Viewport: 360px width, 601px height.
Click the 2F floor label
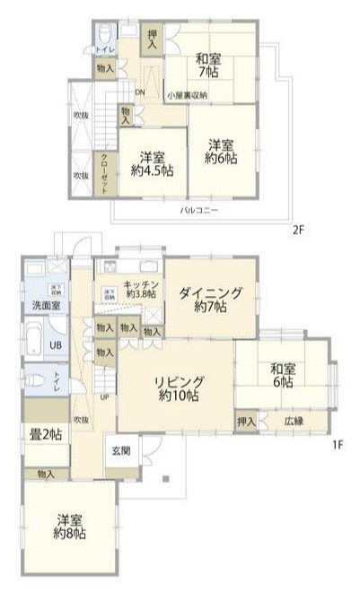point(298,230)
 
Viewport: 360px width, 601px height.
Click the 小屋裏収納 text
point(186,95)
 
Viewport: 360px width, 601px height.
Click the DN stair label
point(139,91)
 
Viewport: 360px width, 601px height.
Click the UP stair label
point(105,397)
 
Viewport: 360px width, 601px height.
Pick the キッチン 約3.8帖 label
point(141,287)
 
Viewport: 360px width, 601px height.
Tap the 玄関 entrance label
point(122,449)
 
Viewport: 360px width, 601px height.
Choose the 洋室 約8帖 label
point(69,526)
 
